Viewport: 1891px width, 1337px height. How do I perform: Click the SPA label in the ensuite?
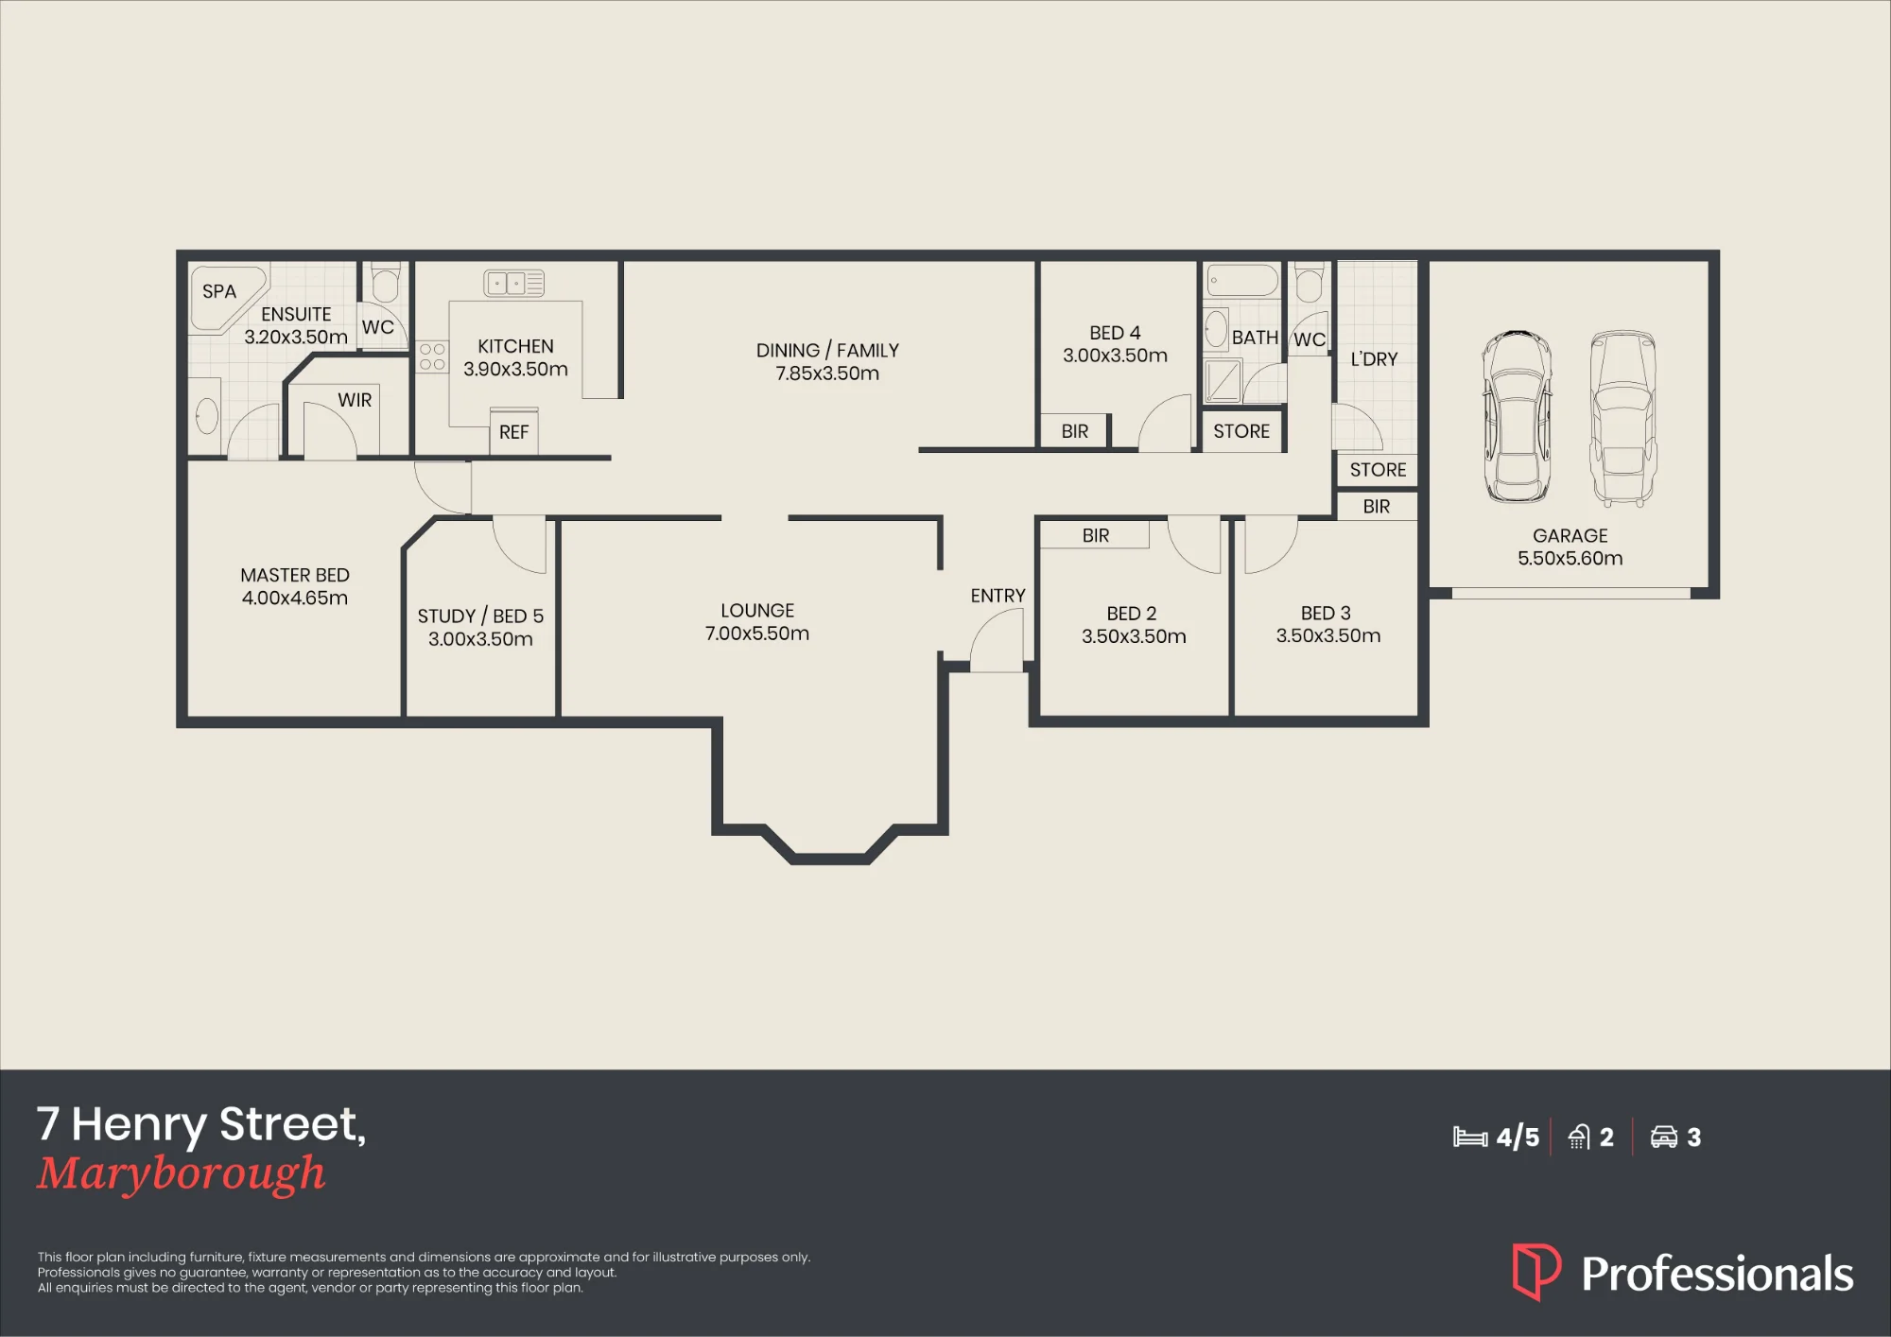[x=219, y=292]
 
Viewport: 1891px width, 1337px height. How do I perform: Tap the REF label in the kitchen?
[x=513, y=432]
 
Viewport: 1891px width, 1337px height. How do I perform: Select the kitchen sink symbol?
[x=514, y=283]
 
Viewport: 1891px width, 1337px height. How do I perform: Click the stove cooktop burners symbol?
[x=432, y=356]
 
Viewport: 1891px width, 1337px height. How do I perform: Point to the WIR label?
[x=355, y=400]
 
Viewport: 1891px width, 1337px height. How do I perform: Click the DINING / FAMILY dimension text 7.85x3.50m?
[x=827, y=373]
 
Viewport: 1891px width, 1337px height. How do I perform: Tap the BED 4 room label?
[x=1115, y=333]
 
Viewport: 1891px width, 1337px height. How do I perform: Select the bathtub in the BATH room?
[x=1242, y=281]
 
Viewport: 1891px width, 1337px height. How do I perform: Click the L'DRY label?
[x=1374, y=359]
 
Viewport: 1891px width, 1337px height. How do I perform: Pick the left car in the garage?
[x=1517, y=417]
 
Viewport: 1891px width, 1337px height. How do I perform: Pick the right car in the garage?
[x=1622, y=417]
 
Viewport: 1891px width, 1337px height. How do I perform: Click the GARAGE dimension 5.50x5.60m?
[x=1570, y=559]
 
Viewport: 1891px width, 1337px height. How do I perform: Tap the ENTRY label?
[x=998, y=596]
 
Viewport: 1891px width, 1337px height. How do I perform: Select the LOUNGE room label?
[x=757, y=611]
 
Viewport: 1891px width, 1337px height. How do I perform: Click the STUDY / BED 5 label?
[x=480, y=616]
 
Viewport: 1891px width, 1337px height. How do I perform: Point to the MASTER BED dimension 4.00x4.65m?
[x=295, y=599]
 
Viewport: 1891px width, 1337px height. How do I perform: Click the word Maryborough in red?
[x=182, y=1174]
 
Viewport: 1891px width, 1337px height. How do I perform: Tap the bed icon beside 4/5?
[x=1470, y=1137]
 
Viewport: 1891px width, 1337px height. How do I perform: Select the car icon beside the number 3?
[x=1664, y=1137]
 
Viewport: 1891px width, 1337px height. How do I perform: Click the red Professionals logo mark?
[x=1536, y=1272]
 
